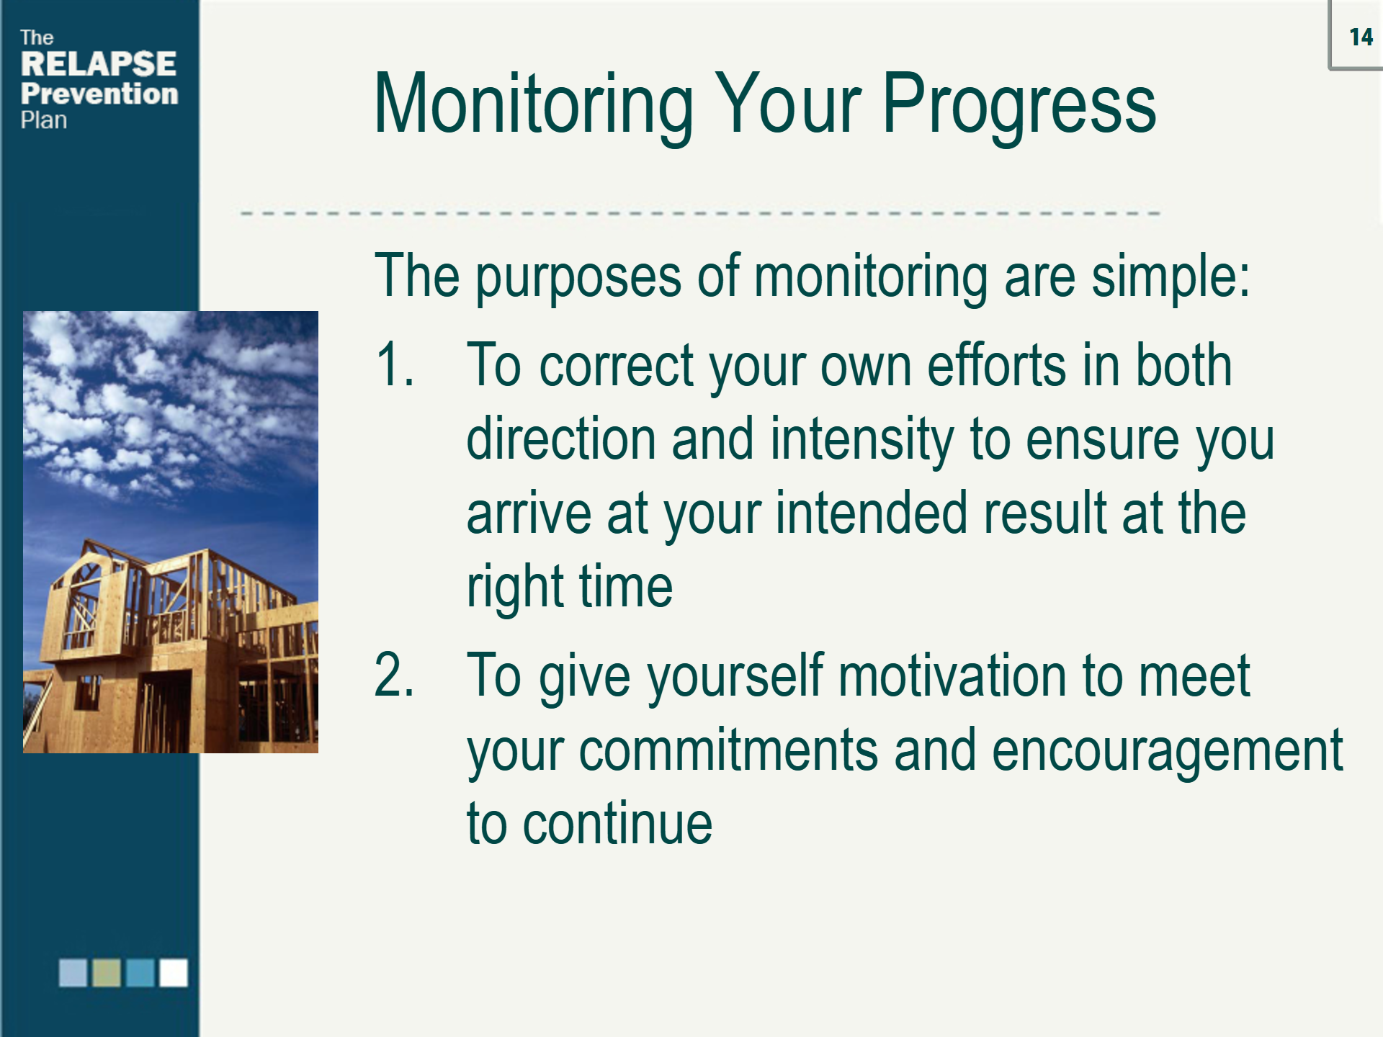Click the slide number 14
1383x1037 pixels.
1361,37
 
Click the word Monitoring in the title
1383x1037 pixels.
533,104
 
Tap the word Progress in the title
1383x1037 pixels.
1019,104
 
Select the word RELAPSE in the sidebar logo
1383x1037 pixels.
98,64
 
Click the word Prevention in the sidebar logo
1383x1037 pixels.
99,94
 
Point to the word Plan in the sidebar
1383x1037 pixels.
43,120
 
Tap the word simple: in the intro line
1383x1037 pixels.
1170,276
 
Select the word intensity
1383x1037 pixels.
861,439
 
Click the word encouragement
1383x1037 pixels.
1167,750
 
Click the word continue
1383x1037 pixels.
617,824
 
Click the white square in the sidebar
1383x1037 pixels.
174,972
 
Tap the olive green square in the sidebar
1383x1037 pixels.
107,972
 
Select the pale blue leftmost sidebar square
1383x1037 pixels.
73,972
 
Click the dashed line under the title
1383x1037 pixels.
699,214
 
